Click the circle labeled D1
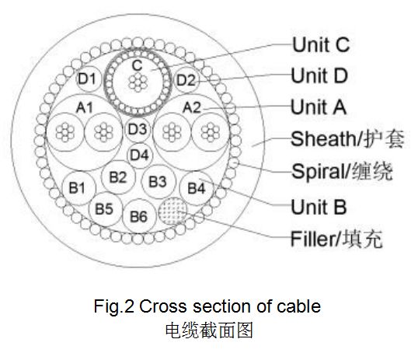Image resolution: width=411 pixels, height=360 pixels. click(x=88, y=79)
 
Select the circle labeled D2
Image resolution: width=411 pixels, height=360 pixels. click(x=186, y=79)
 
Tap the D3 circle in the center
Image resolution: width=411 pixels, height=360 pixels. click(x=138, y=129)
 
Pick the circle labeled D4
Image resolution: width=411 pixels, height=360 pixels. click(x=139, y=155)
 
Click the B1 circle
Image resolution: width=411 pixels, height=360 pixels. click(x=79, y=188)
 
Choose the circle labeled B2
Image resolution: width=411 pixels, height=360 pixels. click(x=118, y=177)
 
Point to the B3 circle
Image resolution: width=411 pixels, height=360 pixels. click(x=158, y=182)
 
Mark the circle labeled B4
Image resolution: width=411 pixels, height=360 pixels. click(x=197, y=188)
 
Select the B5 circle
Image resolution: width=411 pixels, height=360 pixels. click(x=105, y=209)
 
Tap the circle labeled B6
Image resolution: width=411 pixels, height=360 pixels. click(x=139, y=216)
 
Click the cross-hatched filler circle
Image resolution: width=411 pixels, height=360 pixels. click(x=173, y=211)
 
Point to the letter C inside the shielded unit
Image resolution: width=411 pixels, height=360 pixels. click(x=137, y=65)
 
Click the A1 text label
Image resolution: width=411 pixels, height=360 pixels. click(x=85, y=107)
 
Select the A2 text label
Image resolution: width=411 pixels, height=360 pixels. click(x=192, y=107)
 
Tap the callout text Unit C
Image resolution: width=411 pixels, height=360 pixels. click(x=321, y=44)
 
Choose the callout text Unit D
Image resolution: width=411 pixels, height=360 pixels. click(x=319, y=75)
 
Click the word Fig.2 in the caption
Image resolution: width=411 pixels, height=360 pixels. click(x=114, y=306)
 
